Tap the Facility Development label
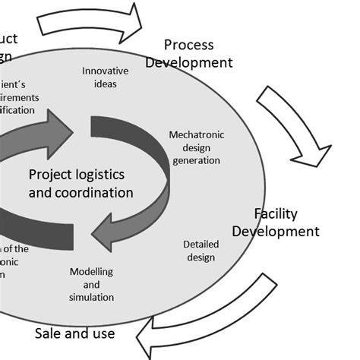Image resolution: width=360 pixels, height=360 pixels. [x=276, y=222]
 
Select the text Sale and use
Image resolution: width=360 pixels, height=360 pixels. [x=75, y=333]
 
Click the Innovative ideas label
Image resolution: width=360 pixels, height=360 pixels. [x=106, y=77]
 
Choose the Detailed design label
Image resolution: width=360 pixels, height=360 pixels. [x=200, y=251]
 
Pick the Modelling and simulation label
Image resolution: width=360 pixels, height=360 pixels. [x=91, y=284]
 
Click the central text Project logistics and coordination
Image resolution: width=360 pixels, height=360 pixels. [x=81, y=183]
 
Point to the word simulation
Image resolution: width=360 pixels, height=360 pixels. [x=91, y=297]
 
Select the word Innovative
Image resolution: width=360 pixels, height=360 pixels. [x=106, y=71]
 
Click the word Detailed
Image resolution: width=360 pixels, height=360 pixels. [x=201, y=245]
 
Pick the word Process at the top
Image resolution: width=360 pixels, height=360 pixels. [x=188, y=45]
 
